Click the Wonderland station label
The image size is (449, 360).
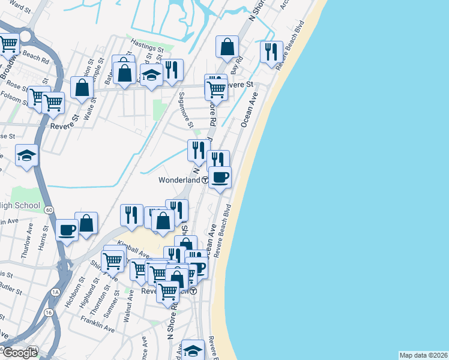click(179, 180)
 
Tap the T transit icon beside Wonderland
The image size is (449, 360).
click(205, 180)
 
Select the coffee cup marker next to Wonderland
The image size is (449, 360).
click(220, 178)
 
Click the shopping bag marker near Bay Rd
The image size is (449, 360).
click(228, 47)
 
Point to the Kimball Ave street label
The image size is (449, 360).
click(134, 249)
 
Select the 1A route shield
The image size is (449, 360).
click(56, 292)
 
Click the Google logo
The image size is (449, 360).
click(20, 353)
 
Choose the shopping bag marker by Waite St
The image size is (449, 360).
click(82, 88)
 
